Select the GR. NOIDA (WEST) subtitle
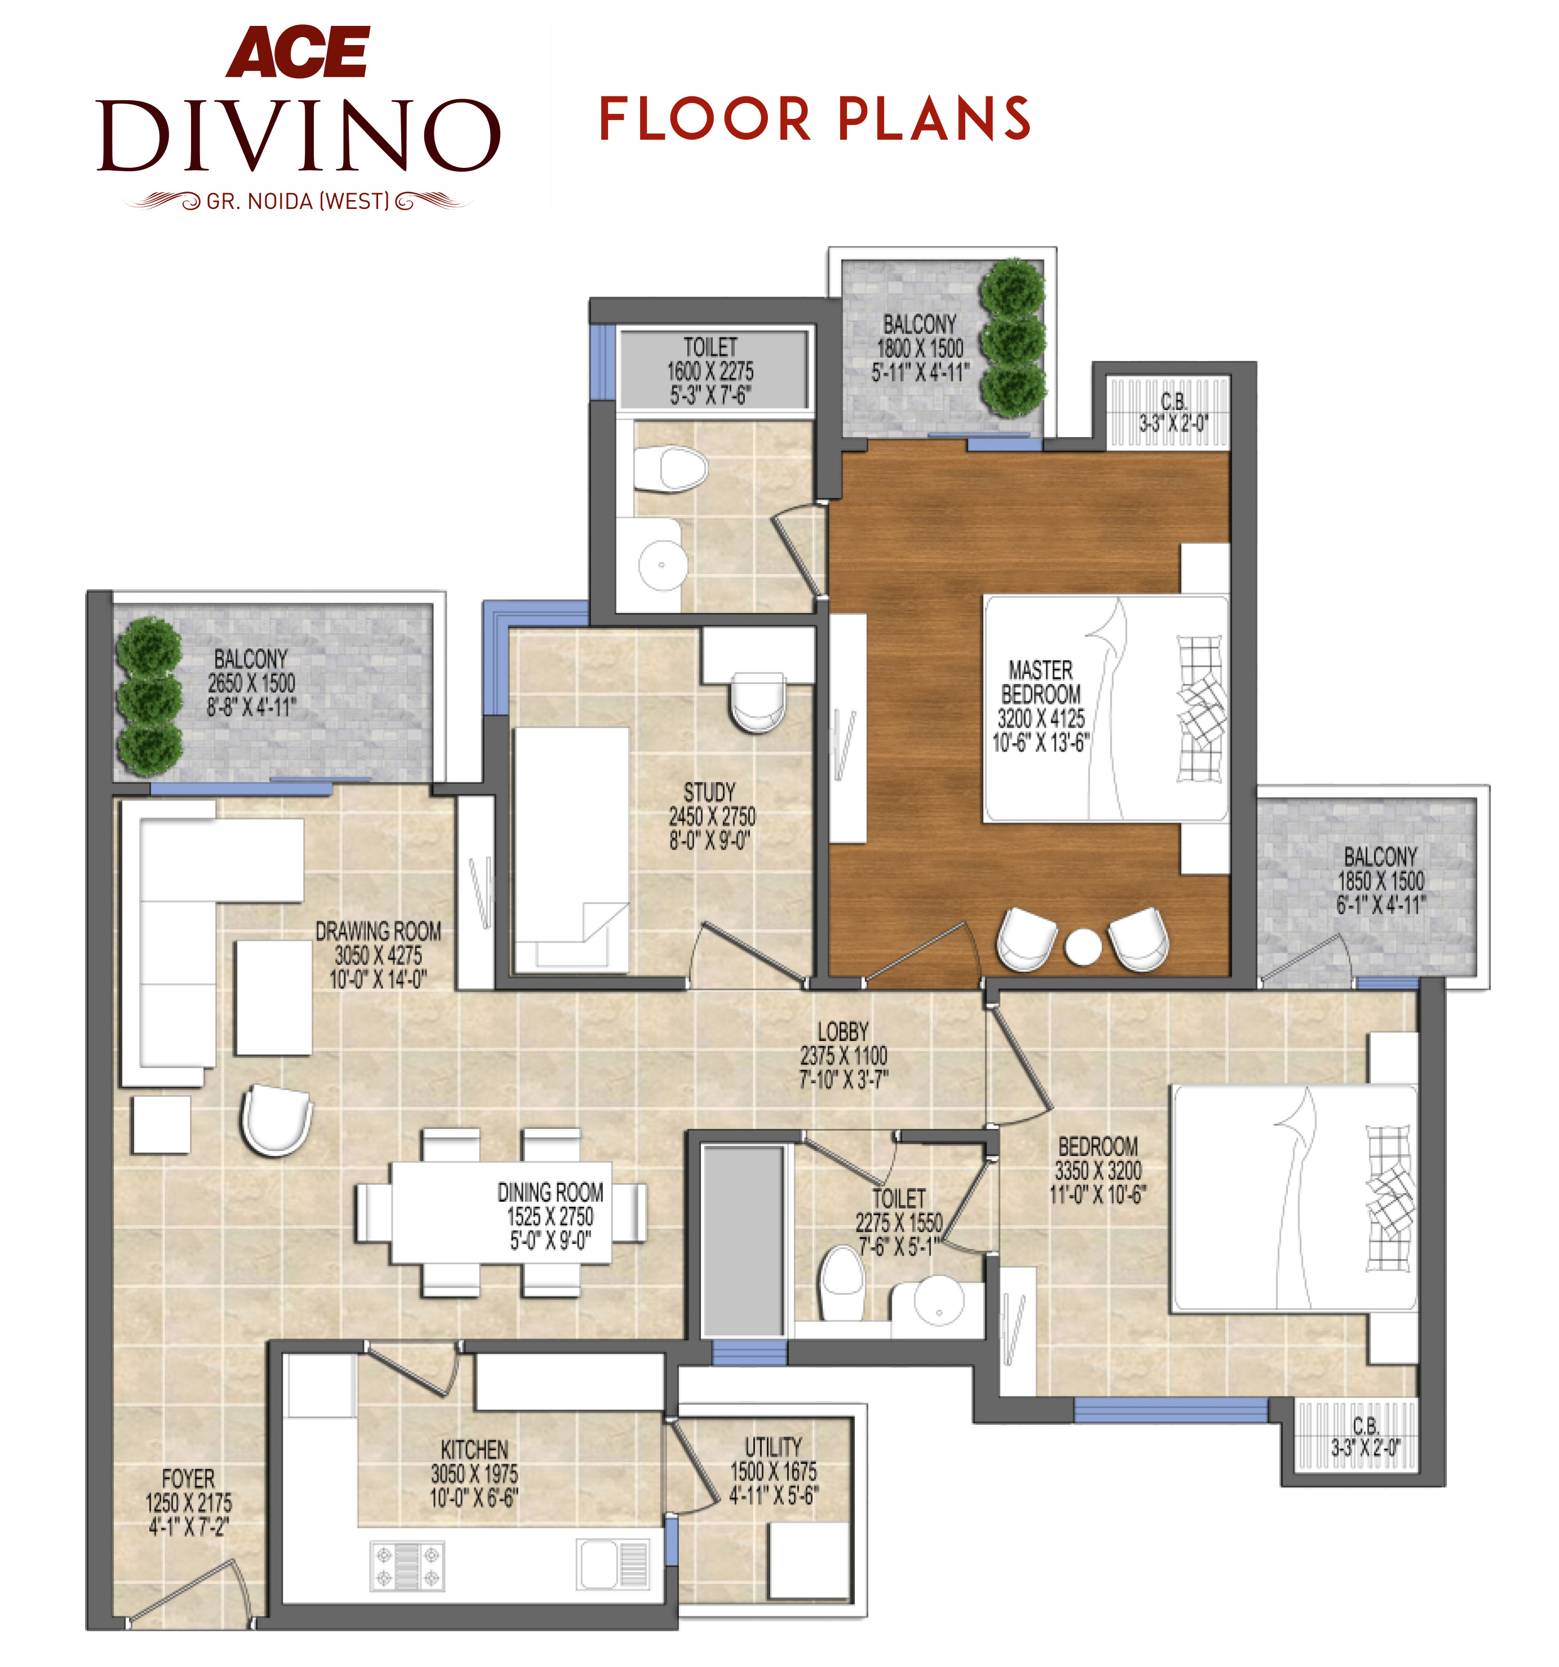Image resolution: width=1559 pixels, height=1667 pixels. click(297, 201)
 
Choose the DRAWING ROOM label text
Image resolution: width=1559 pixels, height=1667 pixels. click(378, 931)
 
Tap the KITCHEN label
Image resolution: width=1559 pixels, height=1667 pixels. click(474, 1449)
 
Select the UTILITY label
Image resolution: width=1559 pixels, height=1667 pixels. click(773, 1447)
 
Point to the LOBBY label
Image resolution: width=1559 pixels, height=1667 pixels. click(843, 1032)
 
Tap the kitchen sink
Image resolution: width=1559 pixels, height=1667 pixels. click(613, 1564)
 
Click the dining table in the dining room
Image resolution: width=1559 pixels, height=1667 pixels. click(501, 1212)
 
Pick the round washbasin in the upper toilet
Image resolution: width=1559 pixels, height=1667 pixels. click(663, 564)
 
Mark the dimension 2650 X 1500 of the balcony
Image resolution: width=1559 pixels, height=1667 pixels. click(252, 683)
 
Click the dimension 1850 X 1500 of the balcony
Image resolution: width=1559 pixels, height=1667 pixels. click(1380, 881)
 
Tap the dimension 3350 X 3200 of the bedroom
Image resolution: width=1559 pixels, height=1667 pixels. click(1098, 1171)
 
